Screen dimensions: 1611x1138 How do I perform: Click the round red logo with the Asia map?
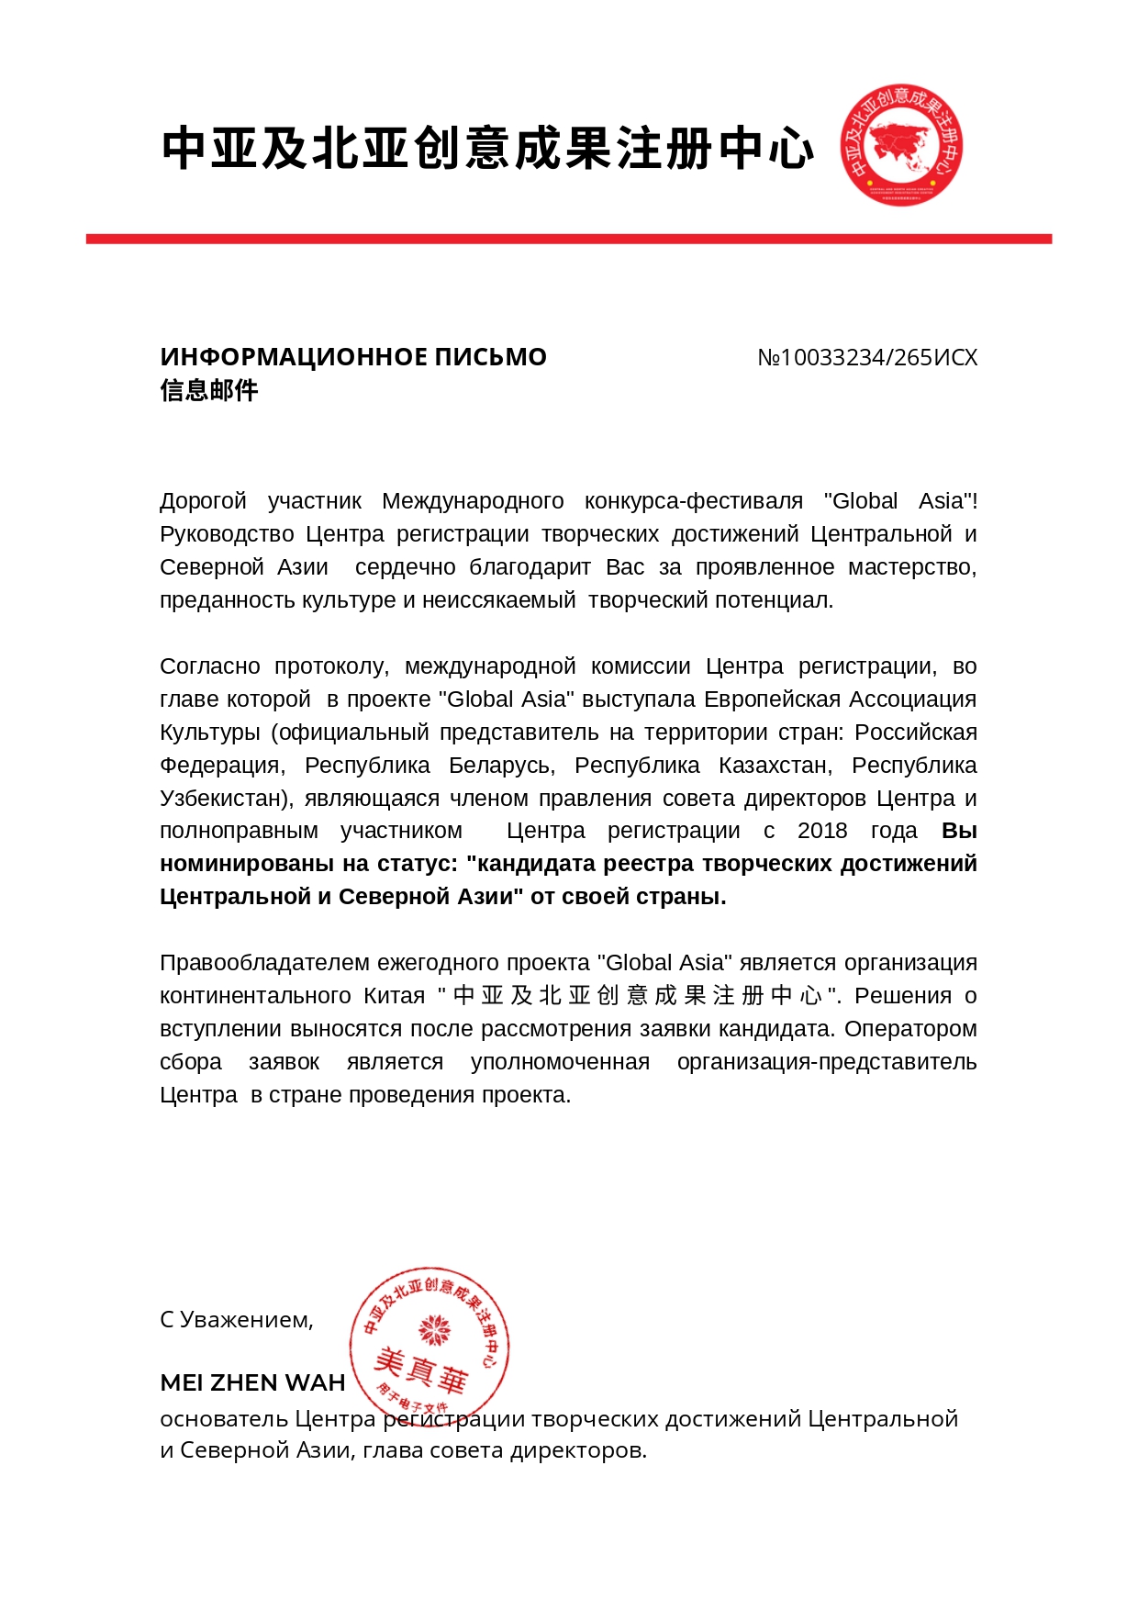point(901,145)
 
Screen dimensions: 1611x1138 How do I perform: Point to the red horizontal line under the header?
point(569,239)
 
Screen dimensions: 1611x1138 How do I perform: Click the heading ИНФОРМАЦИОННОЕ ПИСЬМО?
point(353,357)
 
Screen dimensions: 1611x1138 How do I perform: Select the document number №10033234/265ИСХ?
point(867,358)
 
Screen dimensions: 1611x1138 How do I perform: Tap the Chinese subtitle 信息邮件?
point(209,391)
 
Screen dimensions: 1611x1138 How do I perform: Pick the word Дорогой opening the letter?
point(203,501)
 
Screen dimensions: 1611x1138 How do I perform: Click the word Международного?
point(473,501)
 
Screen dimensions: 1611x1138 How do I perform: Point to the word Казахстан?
point(775,766)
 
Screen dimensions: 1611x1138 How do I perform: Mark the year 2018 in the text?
point(822,831)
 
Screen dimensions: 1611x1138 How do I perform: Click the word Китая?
point(394,996)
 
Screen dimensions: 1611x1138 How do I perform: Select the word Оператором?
point(910,1029)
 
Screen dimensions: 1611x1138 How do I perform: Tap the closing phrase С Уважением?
point(237,1320)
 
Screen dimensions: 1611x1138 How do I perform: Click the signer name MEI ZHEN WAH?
point(252,1383)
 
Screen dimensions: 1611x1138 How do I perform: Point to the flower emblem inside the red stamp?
point(433,1328)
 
